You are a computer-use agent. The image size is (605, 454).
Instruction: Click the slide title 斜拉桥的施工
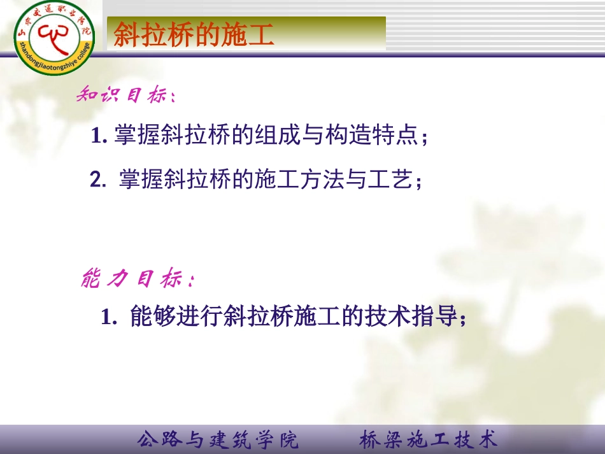coord(194,36)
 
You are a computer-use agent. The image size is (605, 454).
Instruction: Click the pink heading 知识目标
coord(125,96)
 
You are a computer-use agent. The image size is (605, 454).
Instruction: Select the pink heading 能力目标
coord(137,278)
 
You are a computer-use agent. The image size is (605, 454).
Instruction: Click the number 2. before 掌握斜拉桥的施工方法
coord(98,181)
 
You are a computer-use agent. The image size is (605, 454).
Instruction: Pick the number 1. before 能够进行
coord(109,317)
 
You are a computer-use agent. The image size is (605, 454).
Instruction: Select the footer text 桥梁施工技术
coord(428,439)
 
